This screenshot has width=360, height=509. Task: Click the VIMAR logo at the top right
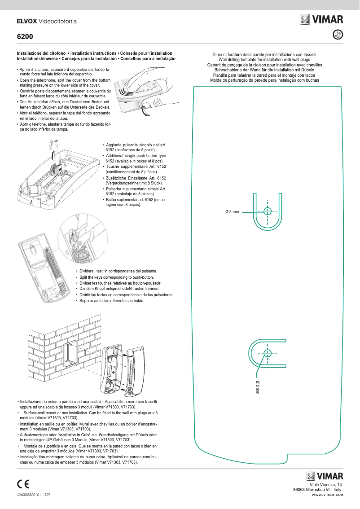pos(321,19)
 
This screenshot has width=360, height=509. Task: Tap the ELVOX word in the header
pos(27,21)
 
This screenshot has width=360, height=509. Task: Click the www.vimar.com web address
pos(328,495)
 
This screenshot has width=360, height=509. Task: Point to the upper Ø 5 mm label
pos(232,211)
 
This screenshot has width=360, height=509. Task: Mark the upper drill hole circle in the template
pos(268,211)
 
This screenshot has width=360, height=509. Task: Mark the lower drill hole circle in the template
pos(268,353)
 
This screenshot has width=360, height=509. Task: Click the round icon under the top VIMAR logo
pos(339,34)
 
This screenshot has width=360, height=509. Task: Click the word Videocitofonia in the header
pos(58,21)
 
